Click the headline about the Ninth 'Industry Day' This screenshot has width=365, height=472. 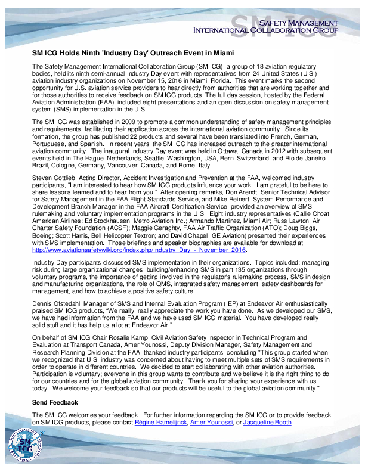click(132, 53)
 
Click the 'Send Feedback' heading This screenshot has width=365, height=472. click(55, 403)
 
